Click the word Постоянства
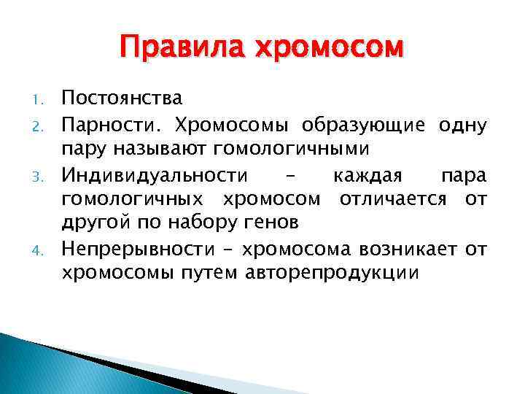click(122, 98)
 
